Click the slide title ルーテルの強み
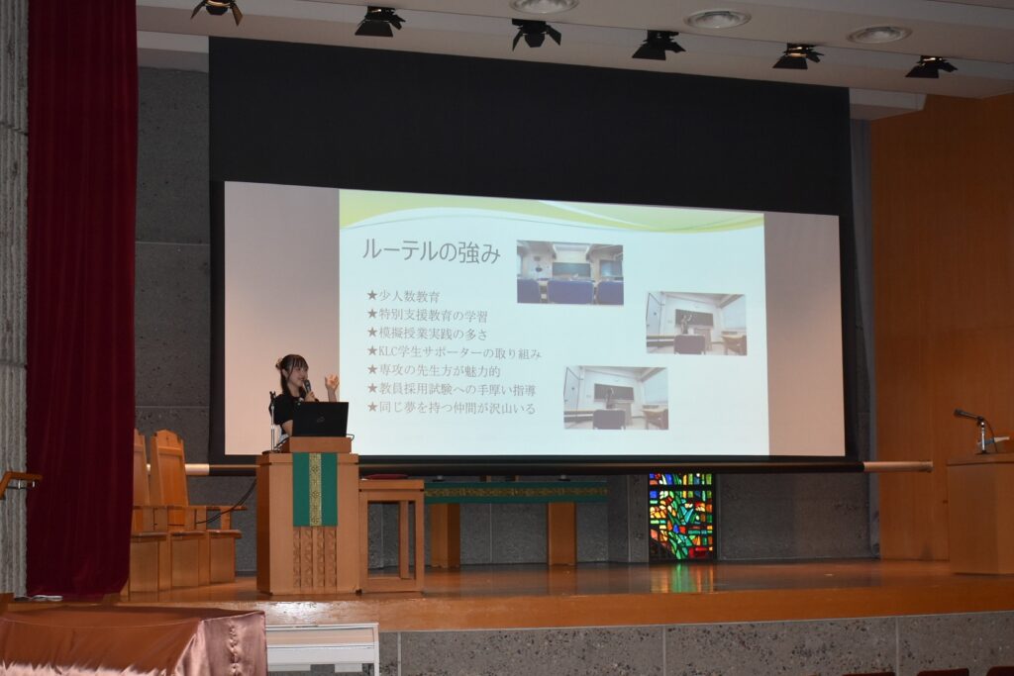click(431, 251)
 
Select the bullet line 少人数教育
click(404, 296)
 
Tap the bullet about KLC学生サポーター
click(454, 352)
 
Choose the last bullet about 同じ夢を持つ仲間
click(452, 408)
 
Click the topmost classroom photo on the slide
click(569, 272)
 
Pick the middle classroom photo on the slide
click(696, 323)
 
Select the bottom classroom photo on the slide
click(616, 398)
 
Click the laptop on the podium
click(320, 419)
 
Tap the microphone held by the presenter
click(308, 387)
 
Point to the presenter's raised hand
click(332, 384)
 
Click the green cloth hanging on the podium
click(315, 489)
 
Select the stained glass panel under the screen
click(681, 517)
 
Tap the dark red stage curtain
click(81, 297)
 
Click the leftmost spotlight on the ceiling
click(217, 9)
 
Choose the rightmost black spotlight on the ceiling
click(930, 66)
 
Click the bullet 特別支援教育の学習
click(428, 315)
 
